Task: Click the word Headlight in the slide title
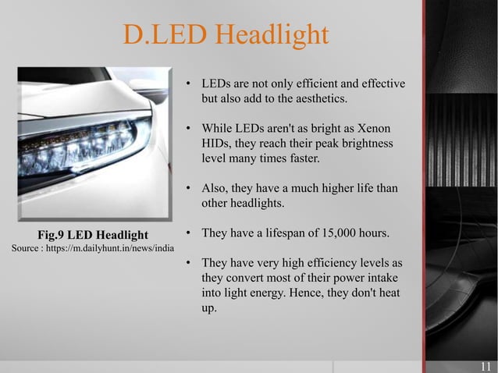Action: (271, 34)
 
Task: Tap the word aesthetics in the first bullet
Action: (317, 99)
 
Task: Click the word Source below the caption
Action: (26, 249)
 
